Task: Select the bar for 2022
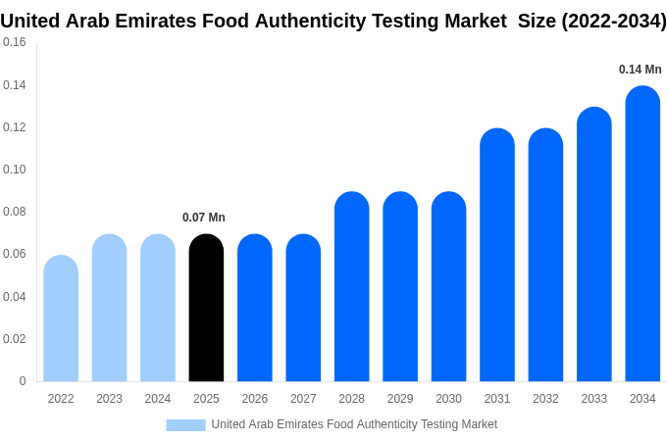(61, 318)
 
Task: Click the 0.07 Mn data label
(204, 218)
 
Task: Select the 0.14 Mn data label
(641, 70)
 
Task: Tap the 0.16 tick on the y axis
(15, 42)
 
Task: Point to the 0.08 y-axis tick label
(15, 212)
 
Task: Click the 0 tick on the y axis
(23, 381)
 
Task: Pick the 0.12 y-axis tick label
(15, 127)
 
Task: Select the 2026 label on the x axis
(255, 399)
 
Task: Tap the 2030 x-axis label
(448, 399)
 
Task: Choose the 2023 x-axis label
(109, 399)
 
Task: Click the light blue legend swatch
(185, 425)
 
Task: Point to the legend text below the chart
(354, 424)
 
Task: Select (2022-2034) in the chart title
(613, 21)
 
